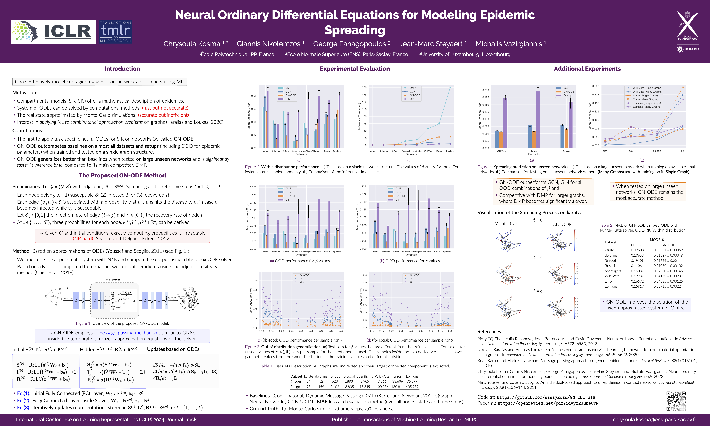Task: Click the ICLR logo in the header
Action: (x=53, y=32)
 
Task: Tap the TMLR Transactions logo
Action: (x=116, y=32)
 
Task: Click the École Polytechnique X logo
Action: (x=688, y=26)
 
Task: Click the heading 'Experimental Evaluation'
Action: (x=355, y=69)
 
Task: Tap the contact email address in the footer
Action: (x=654, y=419)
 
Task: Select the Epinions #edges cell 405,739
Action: (x=412, y=387)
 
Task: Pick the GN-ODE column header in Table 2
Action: (x=668, y=245)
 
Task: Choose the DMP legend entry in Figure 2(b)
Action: (x=412, y=88)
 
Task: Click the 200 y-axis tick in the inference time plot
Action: (x=364, y=87)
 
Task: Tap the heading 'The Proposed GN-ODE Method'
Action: (x=122, y=175)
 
